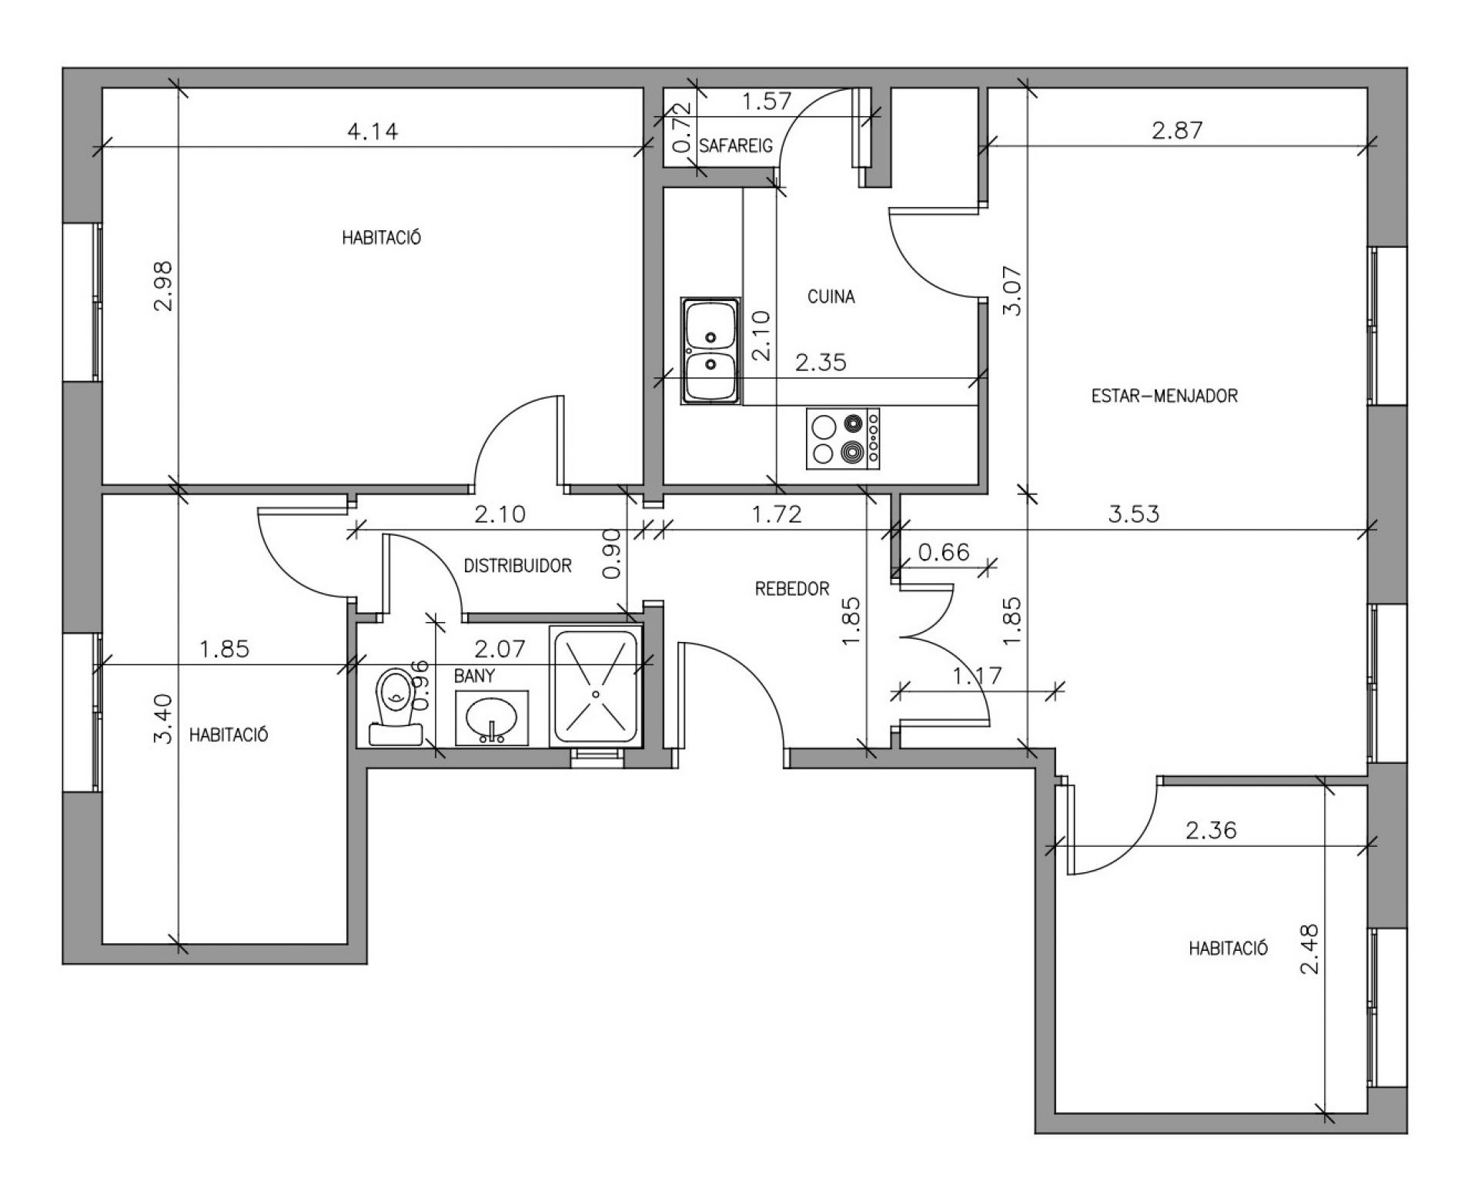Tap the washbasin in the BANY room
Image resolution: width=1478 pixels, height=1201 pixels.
pyautogui.click(x=492, y=718)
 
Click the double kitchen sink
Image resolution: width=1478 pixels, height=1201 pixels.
pyautogui.click(x=710, y=351)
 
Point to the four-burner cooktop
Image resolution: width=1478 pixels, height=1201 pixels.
pyautogui.click(x=844, y=439)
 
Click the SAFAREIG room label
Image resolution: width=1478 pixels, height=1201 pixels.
pyautogui.click(x=735, y=146)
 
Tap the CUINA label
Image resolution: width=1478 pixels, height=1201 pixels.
pyautogui.click(x=831, y=296)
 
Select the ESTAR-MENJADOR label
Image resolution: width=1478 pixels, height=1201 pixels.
pyautogui.click(x=1165, y=396)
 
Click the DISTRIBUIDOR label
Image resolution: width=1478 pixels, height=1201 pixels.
pyautogui.click(x=517, y=566)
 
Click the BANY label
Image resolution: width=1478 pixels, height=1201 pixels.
pyautogui.click(x=474, y=676)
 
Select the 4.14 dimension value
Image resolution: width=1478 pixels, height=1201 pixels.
pyautogui.click(x=373, y=132)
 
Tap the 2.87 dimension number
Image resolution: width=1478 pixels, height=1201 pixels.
pyautogui.click(x=1177, y=130)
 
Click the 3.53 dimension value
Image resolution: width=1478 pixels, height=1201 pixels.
pyautogui.click(x=1134, y=514)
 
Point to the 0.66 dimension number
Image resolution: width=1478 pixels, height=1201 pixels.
pyautogui.click(x=944, y=552)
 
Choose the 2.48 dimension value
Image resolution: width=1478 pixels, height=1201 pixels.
pyautogui.click(x=1309, y=949)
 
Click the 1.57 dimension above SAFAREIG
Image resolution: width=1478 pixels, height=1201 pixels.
pyautogui.click(x=767, y=101)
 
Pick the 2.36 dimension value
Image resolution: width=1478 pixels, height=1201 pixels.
pyautogui.click(x=1211, y=831)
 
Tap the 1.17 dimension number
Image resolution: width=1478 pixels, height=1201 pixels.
pyautogui.click(x=978, y=676)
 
